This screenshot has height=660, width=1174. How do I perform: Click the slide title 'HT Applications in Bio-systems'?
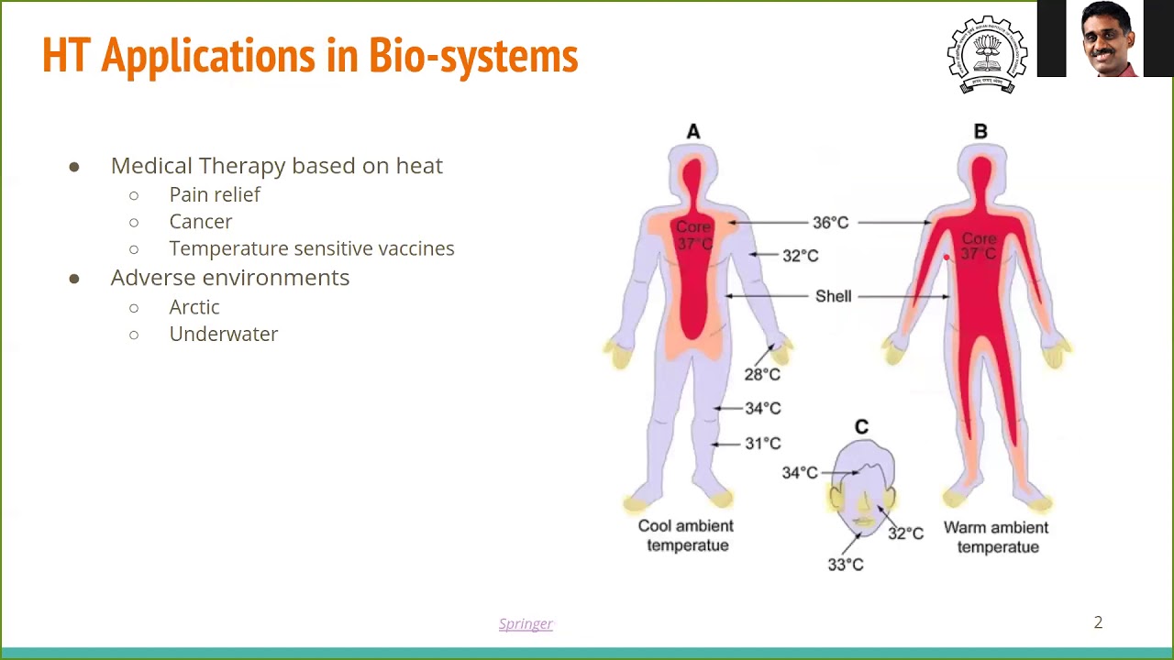tap(310, 56)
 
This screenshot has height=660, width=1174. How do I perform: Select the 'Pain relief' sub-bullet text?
tap(215, 194)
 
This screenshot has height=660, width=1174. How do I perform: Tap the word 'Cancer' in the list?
tap(200, 222)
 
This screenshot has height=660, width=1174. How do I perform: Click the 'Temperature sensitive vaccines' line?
tap(311, 248)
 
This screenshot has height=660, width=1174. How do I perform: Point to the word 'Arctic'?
tap(194, 307)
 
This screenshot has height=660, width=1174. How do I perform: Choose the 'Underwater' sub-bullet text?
tap(223, 334)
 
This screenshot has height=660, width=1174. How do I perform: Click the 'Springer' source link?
tap(526, 623)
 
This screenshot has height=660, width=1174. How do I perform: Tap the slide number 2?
tap(1098, 622)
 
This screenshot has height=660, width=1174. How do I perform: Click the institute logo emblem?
tap(987, 54)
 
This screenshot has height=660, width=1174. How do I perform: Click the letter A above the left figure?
tap(693, 132)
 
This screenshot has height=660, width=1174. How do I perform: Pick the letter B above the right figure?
tap(980, 132)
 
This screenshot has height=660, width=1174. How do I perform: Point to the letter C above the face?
tap(861, 427)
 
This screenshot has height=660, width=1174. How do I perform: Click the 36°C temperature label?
tap(830, 223)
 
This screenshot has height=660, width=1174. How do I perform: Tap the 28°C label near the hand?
tap(762, 374)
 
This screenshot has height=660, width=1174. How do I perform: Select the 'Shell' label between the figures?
tap(833, 296)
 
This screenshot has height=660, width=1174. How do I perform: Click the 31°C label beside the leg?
tap(762, 444)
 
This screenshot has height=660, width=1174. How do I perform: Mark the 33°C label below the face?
tap(845, 565)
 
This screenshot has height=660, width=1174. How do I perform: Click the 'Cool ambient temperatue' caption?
tap(686, 535)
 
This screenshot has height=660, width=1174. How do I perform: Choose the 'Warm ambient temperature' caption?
tap(996, 537)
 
